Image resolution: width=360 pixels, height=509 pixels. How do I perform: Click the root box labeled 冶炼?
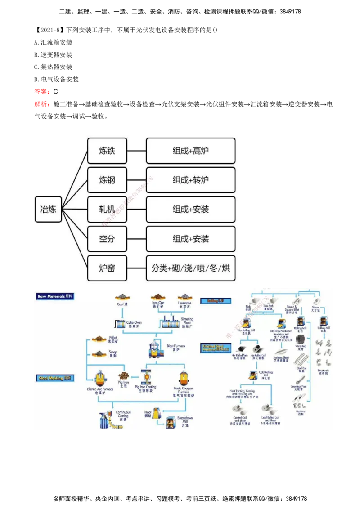[48, 209]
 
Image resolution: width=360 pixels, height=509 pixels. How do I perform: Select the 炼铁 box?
[107, 151]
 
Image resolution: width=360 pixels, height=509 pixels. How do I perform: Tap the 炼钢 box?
[107, 180]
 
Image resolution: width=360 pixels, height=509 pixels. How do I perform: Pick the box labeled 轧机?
[107, 209]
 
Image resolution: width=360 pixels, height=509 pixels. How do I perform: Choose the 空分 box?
[107, 239]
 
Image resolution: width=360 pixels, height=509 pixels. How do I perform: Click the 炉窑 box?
[107, 268]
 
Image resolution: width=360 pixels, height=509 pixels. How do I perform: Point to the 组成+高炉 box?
[190, 151]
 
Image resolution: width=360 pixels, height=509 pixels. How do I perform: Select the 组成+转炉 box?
[190, 180]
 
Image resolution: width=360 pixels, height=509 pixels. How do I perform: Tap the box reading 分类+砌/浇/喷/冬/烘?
[190, 268]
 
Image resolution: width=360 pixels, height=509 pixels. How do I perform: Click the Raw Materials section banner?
[55, 296]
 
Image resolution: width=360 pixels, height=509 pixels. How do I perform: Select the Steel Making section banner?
[55, 378]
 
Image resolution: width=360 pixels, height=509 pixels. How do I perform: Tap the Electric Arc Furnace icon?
[99, 378]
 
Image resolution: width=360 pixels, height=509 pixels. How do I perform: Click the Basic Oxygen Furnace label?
[184, 391]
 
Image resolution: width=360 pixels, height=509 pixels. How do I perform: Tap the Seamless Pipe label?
[299, 388]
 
